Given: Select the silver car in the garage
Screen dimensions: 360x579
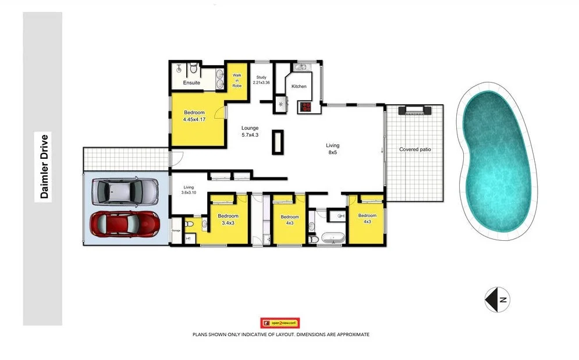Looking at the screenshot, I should click(x=125, y=191).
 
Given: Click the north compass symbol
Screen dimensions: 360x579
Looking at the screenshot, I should click(x=496, y=300).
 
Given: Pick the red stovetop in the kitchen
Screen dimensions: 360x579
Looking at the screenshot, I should click(x=305, y=106).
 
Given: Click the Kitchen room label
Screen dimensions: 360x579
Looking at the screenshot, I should click(x=299, y=87).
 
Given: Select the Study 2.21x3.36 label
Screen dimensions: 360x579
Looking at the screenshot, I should click(x=261, y=80).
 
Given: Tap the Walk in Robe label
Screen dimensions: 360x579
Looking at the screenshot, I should click(x=237, y=80).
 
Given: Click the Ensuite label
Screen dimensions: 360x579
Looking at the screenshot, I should click(x=191, y=83).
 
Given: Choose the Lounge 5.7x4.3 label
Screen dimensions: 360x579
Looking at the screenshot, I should click(x=250, y=131).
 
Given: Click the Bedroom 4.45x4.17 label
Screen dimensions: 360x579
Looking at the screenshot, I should click(x=194, y=116).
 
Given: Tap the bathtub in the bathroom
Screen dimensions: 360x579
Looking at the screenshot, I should click(x=330, y=238).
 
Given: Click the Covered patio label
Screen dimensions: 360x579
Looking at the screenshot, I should click(x=415, y=149).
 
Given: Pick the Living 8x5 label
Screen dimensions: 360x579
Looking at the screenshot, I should click(x=332, y=149).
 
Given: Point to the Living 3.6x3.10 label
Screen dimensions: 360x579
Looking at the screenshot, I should click(x=189, y=190).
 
